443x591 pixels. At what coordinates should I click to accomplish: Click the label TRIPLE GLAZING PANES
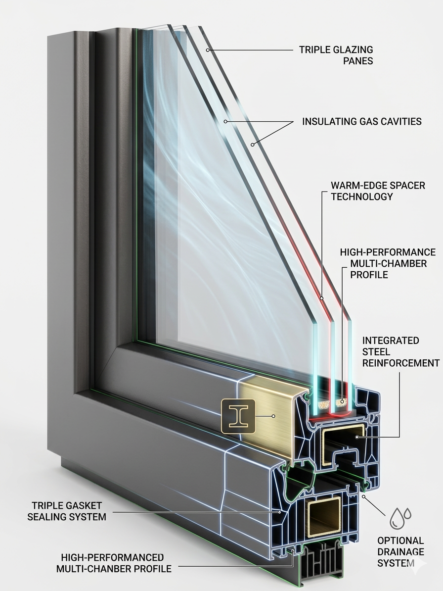336,55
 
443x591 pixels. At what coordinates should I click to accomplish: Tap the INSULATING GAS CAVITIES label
361,121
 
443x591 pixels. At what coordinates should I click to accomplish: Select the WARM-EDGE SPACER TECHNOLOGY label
378,191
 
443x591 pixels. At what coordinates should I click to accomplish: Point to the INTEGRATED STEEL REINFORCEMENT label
400,352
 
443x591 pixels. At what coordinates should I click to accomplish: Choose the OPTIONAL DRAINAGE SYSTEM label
400,552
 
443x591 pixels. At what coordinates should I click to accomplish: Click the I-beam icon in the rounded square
238,416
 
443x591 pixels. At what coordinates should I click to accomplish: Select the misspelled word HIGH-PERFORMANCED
112,558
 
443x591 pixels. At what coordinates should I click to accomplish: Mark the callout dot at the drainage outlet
364,495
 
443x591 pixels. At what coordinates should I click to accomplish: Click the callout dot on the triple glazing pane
208,49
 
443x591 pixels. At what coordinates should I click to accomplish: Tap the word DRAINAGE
400,552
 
